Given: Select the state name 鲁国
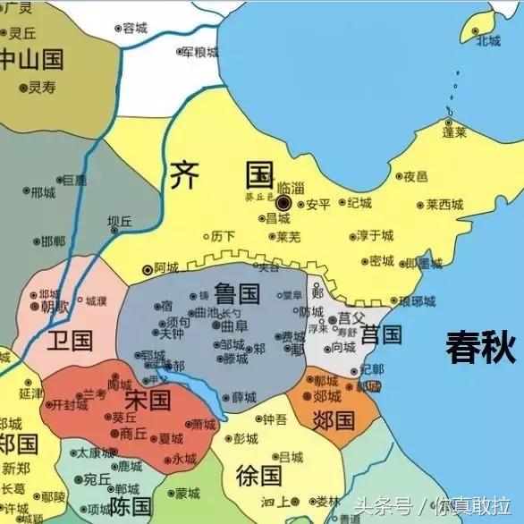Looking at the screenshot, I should (x=237, y=292).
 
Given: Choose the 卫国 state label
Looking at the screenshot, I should (x=71, y=340).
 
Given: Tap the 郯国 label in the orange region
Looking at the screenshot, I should (x=334, y=418).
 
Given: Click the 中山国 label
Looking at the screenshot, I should (x=32, y=60).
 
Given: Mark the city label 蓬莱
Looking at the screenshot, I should (x=454, y=131).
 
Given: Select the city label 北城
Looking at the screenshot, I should (x=488, y=40).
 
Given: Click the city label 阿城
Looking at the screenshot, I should (x=166, y=267).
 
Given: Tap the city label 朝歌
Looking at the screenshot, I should (x=55, y=306).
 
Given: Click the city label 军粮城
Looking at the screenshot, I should (x=200, y=53).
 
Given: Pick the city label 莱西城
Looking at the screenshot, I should (x=444, y=204).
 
